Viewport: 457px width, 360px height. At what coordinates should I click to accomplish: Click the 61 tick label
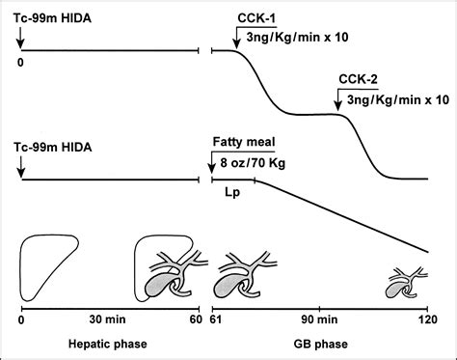[216, 319]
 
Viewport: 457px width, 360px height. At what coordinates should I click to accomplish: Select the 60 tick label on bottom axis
[197, 319]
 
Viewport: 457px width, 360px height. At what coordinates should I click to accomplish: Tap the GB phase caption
[320, 345]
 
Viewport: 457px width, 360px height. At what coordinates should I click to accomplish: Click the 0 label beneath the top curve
[20, 63]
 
